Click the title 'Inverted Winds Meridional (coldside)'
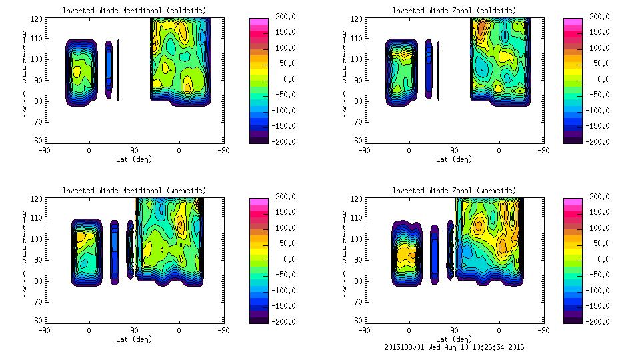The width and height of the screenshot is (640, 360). tap(134, 11)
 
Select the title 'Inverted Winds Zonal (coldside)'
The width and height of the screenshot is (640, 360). tap(453, 11)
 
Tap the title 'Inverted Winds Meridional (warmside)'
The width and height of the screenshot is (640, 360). tap(134, 191)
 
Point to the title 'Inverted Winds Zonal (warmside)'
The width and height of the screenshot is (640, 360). tap(453, 191)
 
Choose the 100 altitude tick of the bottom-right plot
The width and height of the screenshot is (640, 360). tap(358, 239)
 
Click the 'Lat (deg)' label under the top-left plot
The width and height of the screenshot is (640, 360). tap(134, 159)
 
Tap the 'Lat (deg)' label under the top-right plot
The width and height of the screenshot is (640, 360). tap(453, 159)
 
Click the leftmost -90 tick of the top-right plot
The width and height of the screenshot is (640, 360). tap(364, 150)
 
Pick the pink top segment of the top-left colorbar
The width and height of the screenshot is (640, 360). tap(258, 23)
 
